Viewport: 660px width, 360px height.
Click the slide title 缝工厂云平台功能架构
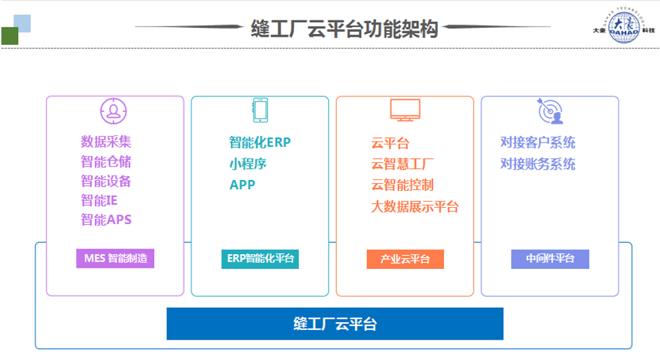344,29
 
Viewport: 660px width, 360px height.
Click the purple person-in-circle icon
113,111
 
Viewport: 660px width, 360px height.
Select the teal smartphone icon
259,111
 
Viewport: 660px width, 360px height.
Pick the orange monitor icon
405,110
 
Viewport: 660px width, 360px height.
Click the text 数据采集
106,141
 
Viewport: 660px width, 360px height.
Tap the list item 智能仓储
106,162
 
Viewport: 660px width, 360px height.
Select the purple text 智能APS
106,219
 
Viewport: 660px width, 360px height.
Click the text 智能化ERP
259,143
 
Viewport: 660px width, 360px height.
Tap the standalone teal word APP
242,185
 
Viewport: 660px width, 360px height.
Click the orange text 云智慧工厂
403,164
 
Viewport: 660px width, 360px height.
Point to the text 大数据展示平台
414,206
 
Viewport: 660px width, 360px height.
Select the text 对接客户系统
537,143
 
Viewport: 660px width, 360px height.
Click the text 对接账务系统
537,164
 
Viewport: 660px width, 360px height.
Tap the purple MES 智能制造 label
115,259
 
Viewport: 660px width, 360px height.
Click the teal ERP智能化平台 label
260,259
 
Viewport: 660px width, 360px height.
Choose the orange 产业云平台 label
405,259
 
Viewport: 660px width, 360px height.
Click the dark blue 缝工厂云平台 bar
335,323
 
